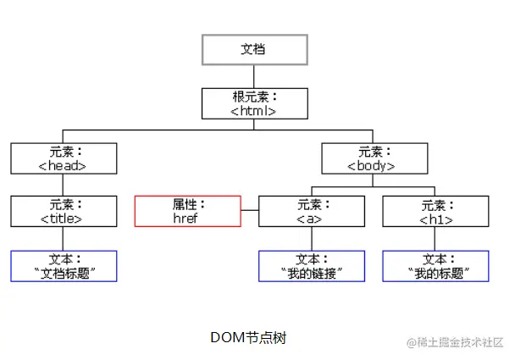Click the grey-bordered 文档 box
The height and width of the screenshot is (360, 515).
(x=253, y=49)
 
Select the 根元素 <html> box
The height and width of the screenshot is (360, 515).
(x=253, y=103)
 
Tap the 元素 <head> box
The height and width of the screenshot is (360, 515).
(x=64, y=158)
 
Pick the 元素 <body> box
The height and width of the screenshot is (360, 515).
(x=371, y=158)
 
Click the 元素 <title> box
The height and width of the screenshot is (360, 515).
(x=64, y=211)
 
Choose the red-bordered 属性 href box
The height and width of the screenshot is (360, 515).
(x=188, y=211)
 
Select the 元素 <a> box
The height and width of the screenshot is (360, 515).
(x=310, y=211)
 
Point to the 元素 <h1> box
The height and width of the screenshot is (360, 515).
(x=435, y=211)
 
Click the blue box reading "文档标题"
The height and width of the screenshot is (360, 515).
(x=64, y=265)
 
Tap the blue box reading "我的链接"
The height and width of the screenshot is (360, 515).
(x=310, y=265)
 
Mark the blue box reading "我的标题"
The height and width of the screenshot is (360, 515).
(x=435, y=265)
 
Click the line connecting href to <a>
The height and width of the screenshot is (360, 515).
(x=250, y=211)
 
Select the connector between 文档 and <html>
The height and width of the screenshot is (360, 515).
(x=253, y=76)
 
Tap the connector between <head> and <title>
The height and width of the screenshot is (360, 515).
(x=64, y=185)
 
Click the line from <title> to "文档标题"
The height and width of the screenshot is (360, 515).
(x=64, y=238)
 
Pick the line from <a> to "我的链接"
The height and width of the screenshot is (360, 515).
(x=310, y=238)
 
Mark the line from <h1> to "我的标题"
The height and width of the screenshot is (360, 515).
(x=435, y=238)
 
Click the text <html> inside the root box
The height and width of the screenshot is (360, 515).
(x=253, y=110)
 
